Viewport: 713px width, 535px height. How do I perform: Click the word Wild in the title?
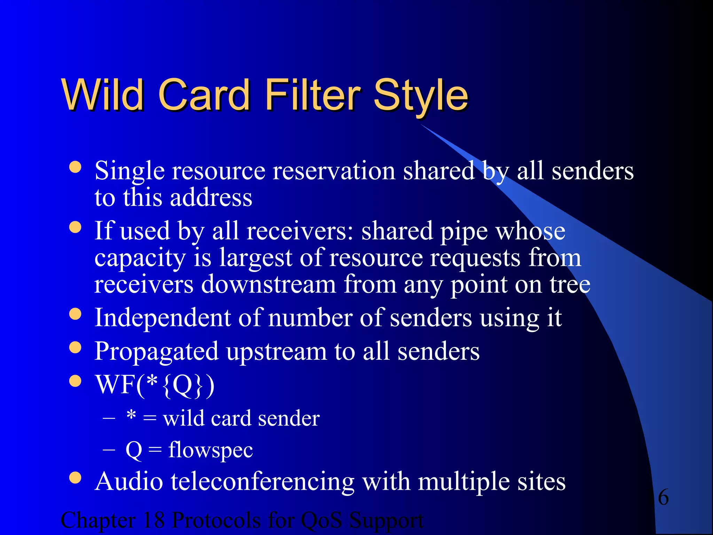pos(103,95)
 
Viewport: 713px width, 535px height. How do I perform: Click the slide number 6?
pos(663,497)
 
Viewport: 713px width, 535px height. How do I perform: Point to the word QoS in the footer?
pos(321,520)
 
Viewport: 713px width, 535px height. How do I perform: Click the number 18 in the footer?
pos(154,520)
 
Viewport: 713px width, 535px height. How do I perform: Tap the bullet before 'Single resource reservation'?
pos(75,167)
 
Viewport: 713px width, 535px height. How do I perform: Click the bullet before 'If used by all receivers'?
pos(75,227)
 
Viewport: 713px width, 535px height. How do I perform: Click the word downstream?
pos(268,285)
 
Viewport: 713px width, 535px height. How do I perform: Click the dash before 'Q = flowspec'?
pos(109,450)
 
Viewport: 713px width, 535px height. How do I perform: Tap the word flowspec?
pos(210,450)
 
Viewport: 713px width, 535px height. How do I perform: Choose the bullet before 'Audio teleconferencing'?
pos(75,478)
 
